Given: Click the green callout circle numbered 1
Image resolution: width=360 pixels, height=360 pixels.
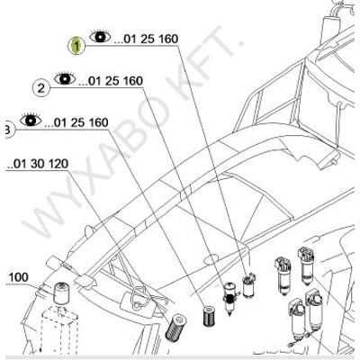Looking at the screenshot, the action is click(x=76, y=46).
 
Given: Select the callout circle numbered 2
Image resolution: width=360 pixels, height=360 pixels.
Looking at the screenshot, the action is click(x=41, y=87).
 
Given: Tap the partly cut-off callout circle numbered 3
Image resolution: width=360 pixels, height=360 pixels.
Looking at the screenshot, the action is click(x=10, y=130).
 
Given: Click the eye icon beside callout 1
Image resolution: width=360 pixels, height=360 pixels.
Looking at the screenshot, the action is click(x=100, y=37).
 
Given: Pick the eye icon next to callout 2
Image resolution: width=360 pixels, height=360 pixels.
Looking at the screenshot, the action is click(x=65, y=78).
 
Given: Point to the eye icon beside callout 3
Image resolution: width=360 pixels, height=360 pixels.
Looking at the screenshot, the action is click(x=31, y=120).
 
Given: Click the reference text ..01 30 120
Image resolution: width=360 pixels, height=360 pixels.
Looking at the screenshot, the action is click(x=37, y=164).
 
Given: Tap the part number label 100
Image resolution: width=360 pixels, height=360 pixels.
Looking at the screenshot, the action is click(x=18, y=277).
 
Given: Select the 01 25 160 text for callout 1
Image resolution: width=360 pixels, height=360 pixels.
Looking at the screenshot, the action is click(x=146, y=40).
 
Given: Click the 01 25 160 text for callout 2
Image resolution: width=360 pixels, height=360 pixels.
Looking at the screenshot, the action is click(x=111, y=81).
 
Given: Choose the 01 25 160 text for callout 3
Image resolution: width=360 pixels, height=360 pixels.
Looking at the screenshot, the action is click(x=76, y=122).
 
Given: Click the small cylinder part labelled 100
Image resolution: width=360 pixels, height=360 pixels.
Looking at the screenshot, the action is click(x=61, y=292).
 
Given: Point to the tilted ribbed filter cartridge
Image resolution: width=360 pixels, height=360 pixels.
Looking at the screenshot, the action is click(x=175, y=327).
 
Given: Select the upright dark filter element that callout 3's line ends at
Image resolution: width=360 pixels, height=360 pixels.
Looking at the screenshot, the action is click(x=208, y=316).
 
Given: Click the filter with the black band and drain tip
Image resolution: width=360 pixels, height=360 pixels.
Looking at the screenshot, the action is click(x=229, y=298).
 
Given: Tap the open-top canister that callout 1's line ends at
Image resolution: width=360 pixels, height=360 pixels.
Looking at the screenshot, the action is click(x=248, y=287).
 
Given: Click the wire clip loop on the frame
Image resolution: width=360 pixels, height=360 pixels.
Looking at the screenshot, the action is click(x=139, y=298).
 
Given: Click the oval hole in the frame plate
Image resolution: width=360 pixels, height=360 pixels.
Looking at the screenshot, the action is click(x=213, y=260).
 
